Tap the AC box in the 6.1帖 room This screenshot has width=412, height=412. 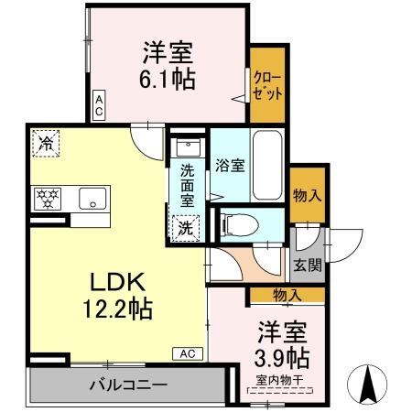(x=99, y=103)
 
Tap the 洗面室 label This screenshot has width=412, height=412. (x=187, y=185)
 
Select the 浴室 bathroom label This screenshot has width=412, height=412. (x=230, y=166)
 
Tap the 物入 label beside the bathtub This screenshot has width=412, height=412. (x=307, y=194)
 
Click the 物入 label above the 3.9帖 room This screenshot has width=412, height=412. (x=287, y=294)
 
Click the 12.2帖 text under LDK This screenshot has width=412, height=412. (x=114, y=305)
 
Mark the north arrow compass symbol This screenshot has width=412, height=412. (x=368, y=383)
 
